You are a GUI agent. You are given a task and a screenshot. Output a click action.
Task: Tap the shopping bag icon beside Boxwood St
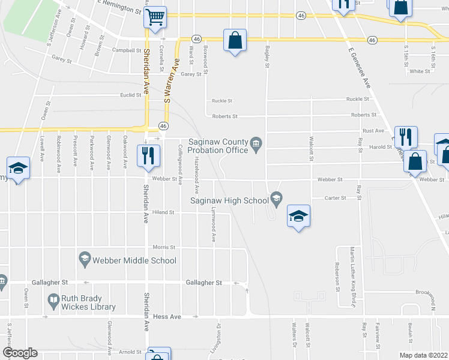tap(235, 41)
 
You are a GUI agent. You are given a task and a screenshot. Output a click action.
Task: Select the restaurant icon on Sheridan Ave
tap(146, 155)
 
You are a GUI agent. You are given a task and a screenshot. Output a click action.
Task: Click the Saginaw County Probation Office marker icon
tap(256, 142)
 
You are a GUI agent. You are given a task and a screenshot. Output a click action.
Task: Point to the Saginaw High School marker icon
tap(276, 197)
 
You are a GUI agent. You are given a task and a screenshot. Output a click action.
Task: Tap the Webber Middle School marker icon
tap(85, 260)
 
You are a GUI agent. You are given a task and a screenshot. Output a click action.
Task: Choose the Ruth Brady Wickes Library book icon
tap(53, 299)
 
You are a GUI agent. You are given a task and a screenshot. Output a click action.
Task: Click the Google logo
tap(19, 353)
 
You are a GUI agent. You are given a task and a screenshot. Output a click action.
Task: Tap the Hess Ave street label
tap(167, 316)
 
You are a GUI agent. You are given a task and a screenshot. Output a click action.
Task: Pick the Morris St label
tap(163, 247)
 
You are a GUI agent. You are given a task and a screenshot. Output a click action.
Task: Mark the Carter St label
tap(336, 197)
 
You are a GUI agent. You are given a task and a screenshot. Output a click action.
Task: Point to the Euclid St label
tap(130, 95)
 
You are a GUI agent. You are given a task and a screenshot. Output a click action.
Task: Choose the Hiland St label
tap(163, 212)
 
